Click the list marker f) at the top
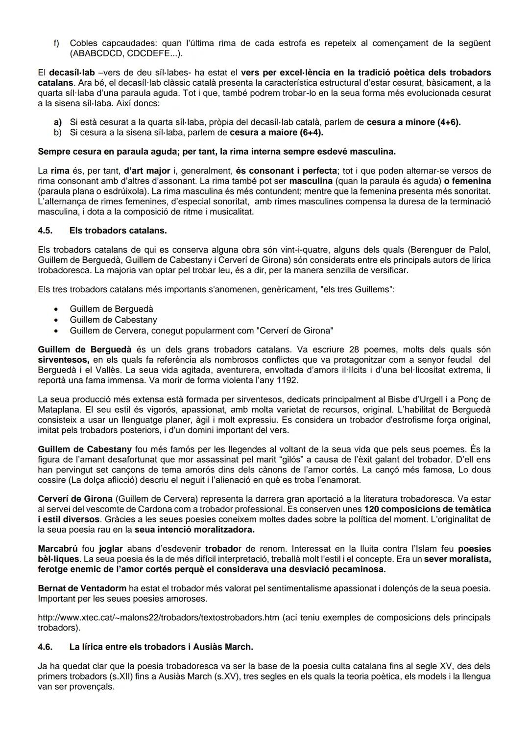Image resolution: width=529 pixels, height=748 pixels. (x=56, y=43)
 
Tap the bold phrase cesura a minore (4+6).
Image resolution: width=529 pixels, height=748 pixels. (x=414, y=122)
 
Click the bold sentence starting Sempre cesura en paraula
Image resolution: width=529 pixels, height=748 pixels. (x=216, y=152)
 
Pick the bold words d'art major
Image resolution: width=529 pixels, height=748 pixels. (x=147, y=171)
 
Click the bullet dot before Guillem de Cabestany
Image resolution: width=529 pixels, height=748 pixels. (x=57, y=320)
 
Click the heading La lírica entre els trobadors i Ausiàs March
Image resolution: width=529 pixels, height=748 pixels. (x=161, y=647)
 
